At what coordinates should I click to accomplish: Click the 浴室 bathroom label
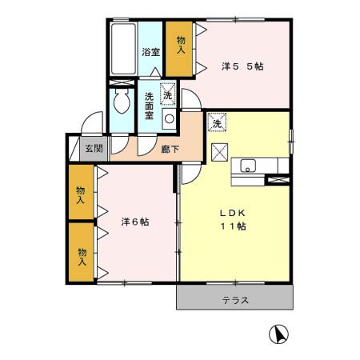(150, 52)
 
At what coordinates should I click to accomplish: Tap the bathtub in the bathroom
(123, 49)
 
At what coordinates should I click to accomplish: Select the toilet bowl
(122, 102)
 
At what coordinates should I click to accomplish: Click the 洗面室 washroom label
(149, 106)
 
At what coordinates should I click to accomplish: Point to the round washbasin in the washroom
(169, 118)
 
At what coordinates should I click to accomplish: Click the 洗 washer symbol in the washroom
(168, 94)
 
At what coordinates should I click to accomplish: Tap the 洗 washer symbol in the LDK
(217, 122)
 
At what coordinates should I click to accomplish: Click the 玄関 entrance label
(94, 148)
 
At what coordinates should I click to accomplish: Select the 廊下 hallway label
(170, 149)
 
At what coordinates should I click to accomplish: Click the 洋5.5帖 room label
(242, 66)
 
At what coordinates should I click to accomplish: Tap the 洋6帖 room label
(135, 222)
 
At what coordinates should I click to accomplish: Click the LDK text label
(233, 213)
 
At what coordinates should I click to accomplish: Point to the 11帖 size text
(233, 226)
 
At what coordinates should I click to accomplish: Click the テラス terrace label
(235, 301)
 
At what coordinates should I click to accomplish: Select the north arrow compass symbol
(278, 334)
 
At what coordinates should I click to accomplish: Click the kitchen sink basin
(248, 166)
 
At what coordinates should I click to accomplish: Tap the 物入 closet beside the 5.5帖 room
(179, 49)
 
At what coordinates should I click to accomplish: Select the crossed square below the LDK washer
(220, 152)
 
